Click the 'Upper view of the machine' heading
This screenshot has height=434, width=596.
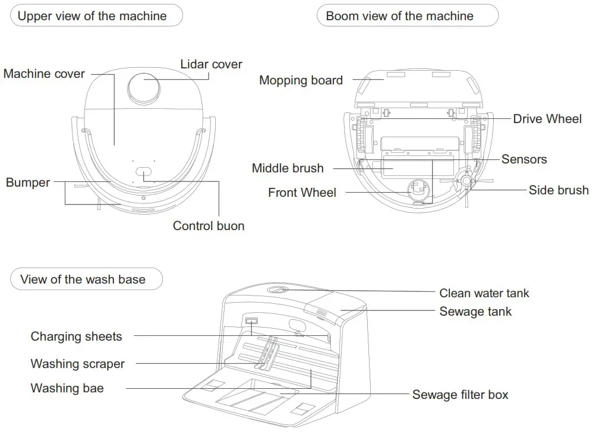pyautogui.click(x=92, y=16)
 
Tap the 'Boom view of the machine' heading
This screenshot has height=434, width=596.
pyautogui.click(x=399, y=16)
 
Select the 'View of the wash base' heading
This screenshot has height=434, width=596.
pyautogui.click(x=83, y=279)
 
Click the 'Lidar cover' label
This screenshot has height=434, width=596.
pyautogui.click(x=211, y=64)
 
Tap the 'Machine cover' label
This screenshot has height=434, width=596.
pyautogui.click(x=44, y=74)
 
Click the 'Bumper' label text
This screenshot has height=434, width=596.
pyautogui.click(x=28, y=183)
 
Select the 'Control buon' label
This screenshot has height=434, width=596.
pyautogui.click(x=209, y=226)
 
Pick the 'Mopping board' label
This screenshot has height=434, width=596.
pyautogui.click(x=301, y=80)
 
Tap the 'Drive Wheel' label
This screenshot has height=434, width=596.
pyautogui.click(x=547, y=119)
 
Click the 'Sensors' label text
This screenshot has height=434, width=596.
pyautogui.click(x=524, y=159)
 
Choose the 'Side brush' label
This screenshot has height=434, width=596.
pyautogui.click(x=558, y=190)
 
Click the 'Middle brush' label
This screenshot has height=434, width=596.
pyautogui.click(x=288, y=168)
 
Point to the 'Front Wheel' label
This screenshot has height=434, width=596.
pyautogui.click(x=302, y=193)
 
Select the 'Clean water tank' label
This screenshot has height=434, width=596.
pyautogui.click(x=484, y=293)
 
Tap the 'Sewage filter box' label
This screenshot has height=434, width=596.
pyautogui.click(x=460, y=395)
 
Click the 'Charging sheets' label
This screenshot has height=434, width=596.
pyautogui.click(x=76, y=336)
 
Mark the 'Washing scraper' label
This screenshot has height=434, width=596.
pyautogui.click(x=77, y=363)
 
